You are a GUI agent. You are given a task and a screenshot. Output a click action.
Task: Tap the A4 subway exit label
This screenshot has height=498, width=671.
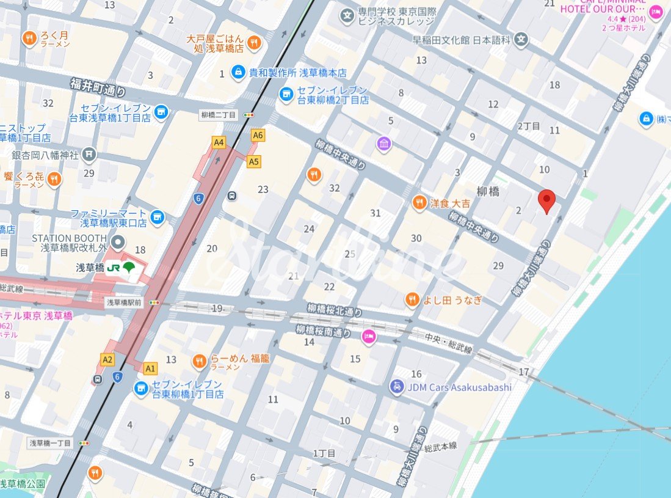tap(219, 142)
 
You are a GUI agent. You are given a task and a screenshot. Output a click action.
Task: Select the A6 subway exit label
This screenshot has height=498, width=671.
tap(258, 135)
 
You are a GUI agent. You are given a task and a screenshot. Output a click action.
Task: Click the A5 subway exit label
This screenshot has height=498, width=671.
tap(254, 161)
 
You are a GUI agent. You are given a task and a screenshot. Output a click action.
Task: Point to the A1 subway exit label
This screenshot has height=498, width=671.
tap(150, 368)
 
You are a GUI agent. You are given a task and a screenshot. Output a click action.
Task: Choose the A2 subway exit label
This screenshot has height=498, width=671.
tap(108, 359)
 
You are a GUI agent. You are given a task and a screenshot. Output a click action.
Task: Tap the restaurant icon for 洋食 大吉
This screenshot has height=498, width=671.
tap(419, 203)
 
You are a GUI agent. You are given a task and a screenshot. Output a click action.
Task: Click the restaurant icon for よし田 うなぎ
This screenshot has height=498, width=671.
tap(412, 299)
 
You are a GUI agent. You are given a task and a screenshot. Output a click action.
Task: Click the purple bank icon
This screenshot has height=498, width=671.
tap(384, 144)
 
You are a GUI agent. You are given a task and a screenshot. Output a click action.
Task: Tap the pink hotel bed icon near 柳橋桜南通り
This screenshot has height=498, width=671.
tap(369, 335)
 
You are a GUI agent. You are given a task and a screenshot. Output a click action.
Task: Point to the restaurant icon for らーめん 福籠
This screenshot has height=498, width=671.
tap(199, 362)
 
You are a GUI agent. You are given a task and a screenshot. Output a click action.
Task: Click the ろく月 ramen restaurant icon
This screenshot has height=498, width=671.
tap(29, 39)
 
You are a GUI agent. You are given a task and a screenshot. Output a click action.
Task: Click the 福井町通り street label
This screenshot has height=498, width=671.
tap(98, 87)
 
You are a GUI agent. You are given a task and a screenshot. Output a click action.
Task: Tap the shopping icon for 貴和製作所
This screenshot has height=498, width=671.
tap(236, 73)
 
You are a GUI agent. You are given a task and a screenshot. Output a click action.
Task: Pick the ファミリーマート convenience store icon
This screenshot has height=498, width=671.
tap(158, 217)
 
